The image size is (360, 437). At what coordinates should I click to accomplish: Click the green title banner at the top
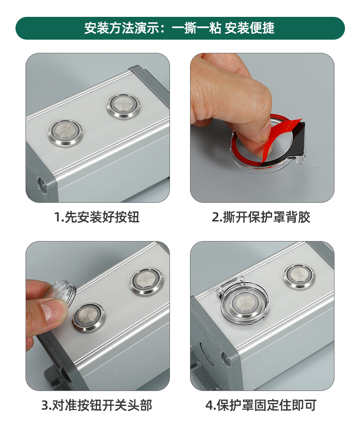(x=180, y=28)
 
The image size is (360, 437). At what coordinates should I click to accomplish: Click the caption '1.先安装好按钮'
(x=97, y=217)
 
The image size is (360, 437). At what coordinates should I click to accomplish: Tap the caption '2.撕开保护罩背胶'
(x=261, y=217)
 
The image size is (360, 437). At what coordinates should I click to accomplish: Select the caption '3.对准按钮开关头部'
(x=97, y=405)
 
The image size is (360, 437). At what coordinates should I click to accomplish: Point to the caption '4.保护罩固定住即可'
(x=261, y=405)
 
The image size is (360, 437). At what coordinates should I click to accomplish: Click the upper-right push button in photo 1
(x=123, y=106)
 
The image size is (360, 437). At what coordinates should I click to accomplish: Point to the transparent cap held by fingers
(x=65, y=293)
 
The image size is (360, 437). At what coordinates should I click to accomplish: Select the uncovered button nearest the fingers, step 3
(x=88, y=318)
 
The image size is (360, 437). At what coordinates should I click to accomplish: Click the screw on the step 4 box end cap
(x=225, y=358)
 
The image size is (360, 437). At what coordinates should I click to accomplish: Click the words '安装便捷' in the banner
(x=250, y=28)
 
